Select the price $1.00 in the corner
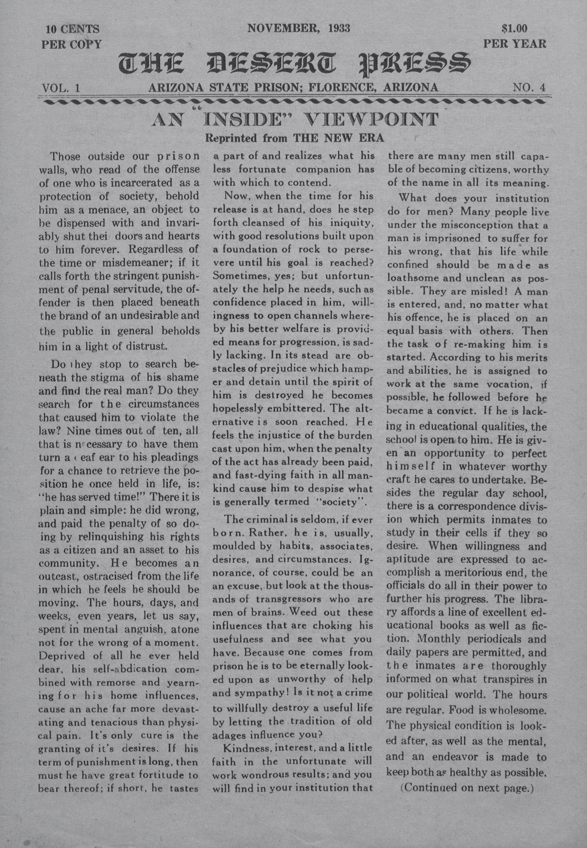tap(515, 28)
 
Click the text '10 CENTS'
tap(72, 29)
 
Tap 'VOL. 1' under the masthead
tap(61, 88)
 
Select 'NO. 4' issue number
tap(529, 88)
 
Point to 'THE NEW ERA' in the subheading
tap(339, 138)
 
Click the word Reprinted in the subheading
tap(231, 138)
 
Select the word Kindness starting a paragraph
tap(244, 748)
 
